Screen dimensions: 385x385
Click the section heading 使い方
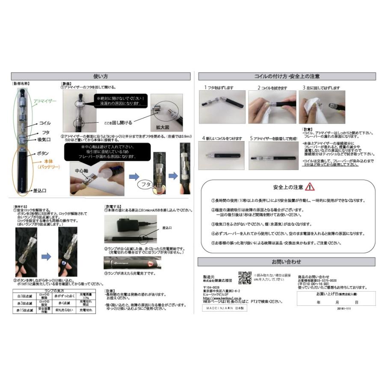tap(100, 76)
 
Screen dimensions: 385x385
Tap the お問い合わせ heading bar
tap(286, 261)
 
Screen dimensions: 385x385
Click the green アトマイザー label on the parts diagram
tap(45, 101)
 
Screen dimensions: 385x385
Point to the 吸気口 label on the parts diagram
tap(45, 139)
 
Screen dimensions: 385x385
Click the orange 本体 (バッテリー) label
tap(48, 164)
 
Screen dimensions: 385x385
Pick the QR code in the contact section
tap(244, 277)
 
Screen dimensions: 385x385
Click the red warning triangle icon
tap(310, 187)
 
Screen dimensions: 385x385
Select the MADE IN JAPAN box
tap(225, 308)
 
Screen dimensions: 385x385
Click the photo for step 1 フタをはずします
tap(222, 107)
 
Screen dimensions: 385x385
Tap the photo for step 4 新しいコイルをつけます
tap(222, 156)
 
